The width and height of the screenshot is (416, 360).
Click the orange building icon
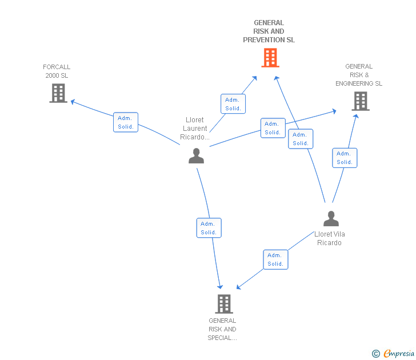tap(270, 58)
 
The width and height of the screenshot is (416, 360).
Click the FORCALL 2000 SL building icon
tap(58, 93)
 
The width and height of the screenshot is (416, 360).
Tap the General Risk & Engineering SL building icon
tap(360, 101)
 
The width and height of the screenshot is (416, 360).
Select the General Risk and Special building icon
tap(224, 303)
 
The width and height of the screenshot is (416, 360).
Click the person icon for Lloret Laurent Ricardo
tap(196, 155)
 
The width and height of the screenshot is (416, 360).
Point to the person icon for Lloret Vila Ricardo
tap(330, 219)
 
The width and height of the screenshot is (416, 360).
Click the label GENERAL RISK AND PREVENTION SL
tap(269, 31)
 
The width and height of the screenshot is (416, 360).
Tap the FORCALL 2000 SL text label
tap(57, 71)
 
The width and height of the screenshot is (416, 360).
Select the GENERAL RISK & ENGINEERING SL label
tap(359, 75)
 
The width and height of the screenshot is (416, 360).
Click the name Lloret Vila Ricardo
tap(330, 238)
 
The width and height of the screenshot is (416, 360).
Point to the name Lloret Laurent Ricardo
tap(195, 129)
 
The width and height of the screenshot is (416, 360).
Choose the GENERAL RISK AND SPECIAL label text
tap(222, 329)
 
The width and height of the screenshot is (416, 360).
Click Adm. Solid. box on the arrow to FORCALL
tap(126, 122)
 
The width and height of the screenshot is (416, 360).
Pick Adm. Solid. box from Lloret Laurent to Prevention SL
tap(233, 104)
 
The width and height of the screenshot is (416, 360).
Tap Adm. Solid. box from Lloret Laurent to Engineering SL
tap(273, 128)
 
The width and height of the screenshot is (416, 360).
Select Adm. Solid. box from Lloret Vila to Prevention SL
tap(301, 139)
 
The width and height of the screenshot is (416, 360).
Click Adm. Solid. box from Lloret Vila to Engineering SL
tap(345, 158)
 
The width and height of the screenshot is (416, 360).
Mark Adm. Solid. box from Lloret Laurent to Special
tap(209, 228)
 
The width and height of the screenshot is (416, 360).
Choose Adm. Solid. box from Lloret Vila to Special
tap(275, 259)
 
